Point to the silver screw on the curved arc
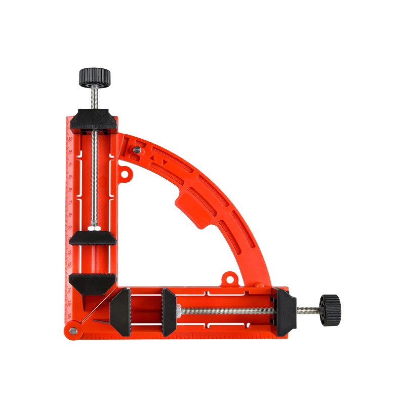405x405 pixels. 137,149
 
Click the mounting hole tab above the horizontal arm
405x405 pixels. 230,278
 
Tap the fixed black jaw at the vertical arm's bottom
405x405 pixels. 93,281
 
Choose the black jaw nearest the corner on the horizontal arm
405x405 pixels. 121,312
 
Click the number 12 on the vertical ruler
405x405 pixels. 70,264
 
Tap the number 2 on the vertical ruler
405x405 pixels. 70,138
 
